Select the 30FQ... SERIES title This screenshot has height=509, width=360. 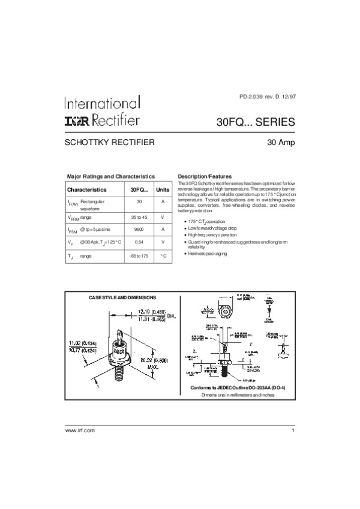point(255,122)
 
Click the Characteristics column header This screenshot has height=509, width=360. point(87,189)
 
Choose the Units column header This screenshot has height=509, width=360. point(163,189)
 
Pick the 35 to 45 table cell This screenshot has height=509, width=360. point(139,216)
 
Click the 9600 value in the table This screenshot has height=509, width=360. point(139,230)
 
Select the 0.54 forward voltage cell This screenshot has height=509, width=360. point(139,242)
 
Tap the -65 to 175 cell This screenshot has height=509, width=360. point(139,256)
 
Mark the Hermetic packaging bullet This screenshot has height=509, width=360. point(207,254)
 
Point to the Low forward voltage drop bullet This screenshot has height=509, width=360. point(214,228)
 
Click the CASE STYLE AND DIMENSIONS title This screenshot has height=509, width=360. point(122,297)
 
